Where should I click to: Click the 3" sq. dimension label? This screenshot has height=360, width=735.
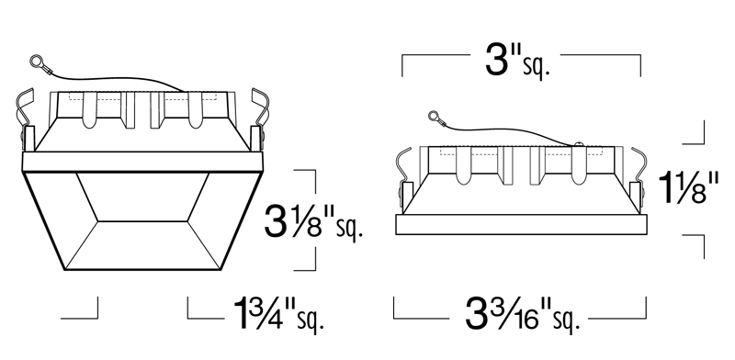tap(517, 62)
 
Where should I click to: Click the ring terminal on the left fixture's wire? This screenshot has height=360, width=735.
tap(37, 61)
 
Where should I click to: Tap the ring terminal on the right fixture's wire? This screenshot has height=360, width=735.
tap(434, 116)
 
